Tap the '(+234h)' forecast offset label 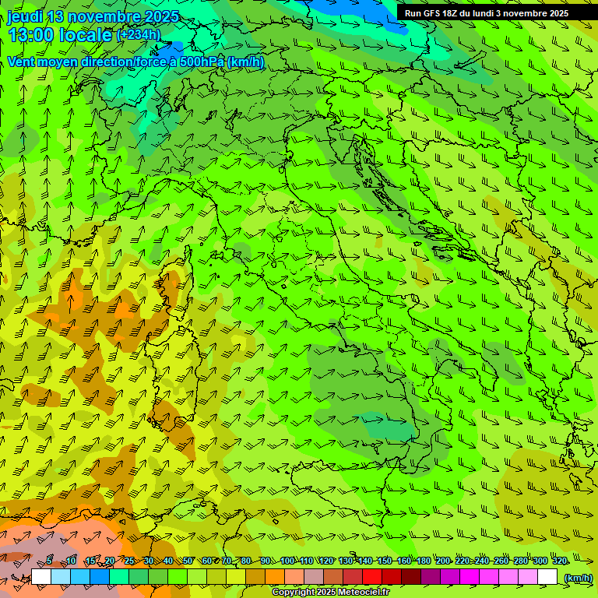point(139,34)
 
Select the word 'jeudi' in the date point(26,16)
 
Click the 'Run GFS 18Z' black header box point(486,12)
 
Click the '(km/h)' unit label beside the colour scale point(577,578)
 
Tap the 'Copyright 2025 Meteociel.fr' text point(330,593)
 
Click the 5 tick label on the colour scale point(49,561)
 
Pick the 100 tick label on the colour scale point(287,561)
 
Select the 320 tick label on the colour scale point(559,561)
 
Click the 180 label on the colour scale point(423,561)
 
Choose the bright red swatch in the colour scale point(372,577)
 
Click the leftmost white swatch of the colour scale point(41,577)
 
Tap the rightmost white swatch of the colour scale point(547,577)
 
